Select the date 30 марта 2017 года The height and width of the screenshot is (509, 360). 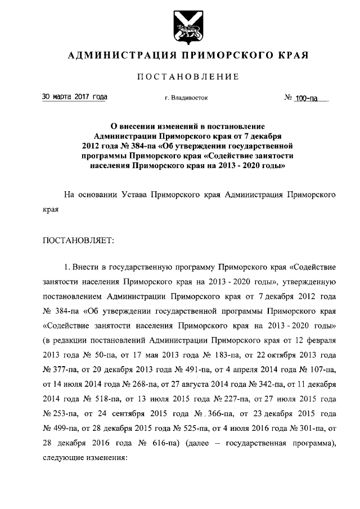pos(75,97)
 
